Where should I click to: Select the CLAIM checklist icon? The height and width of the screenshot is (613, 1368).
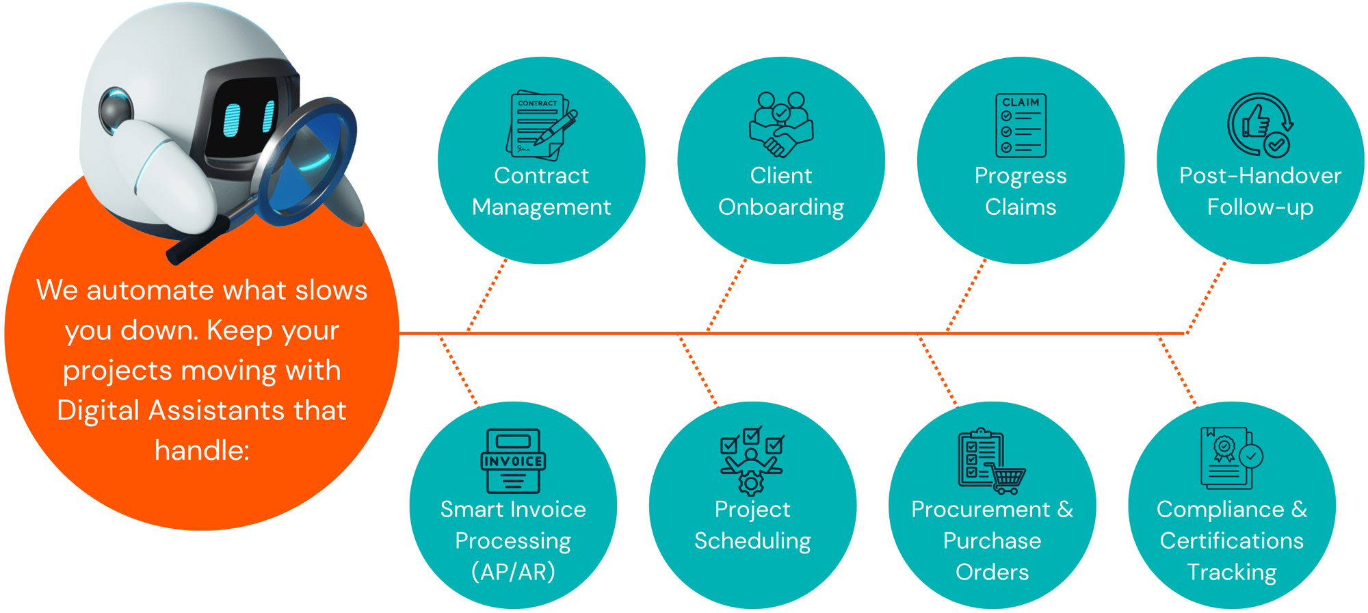(x=1021, y=125)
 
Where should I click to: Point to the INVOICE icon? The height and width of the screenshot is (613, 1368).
(x=513, y=461)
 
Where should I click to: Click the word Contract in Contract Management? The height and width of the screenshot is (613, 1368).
(x=541, y=176)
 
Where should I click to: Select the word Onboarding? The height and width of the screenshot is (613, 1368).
(x=781, y=207)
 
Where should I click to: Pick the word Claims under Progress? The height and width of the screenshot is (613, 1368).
(x=1021, y=207)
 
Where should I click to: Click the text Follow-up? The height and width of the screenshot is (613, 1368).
(x=1260, y=207)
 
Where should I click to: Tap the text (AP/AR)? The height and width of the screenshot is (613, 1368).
(x=513, y=572)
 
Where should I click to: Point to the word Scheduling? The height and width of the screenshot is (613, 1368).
(x=752, y=541)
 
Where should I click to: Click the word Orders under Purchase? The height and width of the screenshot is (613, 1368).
(x=992, y=572)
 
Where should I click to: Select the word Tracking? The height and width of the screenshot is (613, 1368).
(x=1231, y=572)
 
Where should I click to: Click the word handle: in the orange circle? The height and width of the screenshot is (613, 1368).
(x=202, y=450)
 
